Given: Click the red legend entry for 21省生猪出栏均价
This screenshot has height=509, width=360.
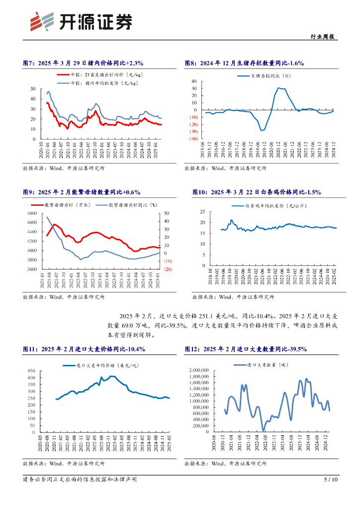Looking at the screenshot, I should (98, 75).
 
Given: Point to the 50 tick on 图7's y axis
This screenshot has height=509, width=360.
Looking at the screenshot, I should (33, 89).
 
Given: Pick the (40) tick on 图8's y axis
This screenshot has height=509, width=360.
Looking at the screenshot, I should (193, 139).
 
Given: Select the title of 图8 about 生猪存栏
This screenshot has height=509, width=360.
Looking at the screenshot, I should (244, 63).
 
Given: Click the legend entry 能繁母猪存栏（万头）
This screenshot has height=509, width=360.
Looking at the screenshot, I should (68, 204).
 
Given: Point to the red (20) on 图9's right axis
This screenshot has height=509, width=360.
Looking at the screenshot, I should (167, 269).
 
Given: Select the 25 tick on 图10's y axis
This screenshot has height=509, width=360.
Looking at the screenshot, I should (202, 211).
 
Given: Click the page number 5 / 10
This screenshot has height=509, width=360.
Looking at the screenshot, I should (331, 480).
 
